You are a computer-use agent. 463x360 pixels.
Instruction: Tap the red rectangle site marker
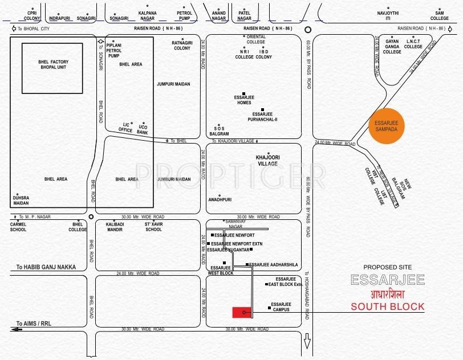[x=242, y=312]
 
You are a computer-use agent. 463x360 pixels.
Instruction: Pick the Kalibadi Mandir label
[x=115, y=227]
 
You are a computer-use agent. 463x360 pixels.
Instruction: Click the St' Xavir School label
[x=153, y=227]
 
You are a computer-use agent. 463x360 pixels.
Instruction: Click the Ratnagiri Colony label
[x=182, y=45]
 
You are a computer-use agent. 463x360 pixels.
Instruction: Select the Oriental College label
[x=256, y=39]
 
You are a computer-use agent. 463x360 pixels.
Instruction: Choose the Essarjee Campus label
[x=281, y=306]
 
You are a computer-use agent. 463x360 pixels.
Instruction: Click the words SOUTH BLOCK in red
[x=387, y=306]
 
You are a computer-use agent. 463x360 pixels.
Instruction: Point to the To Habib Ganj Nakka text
[x=46, y=267]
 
